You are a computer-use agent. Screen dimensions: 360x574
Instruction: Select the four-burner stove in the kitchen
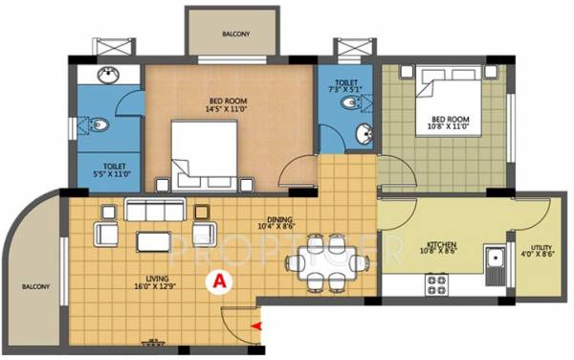[x=437, y=283]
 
